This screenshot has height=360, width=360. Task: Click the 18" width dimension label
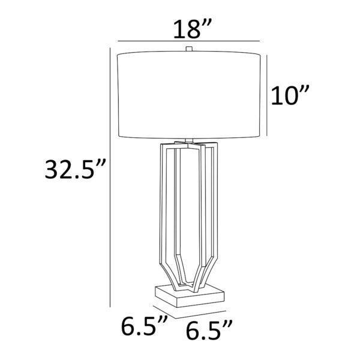tap(191, 29)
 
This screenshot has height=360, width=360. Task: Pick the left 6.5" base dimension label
tap(144, 325)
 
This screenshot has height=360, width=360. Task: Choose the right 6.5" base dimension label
tap(209, 329)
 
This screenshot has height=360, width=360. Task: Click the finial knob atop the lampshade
tap(189, 49)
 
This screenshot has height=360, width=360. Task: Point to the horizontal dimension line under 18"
tap(189, 41)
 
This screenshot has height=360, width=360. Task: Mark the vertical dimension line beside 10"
tap(266, 95)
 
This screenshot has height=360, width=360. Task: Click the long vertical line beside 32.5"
tap(110, 177)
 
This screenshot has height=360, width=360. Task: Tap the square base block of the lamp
tap(190, 296)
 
